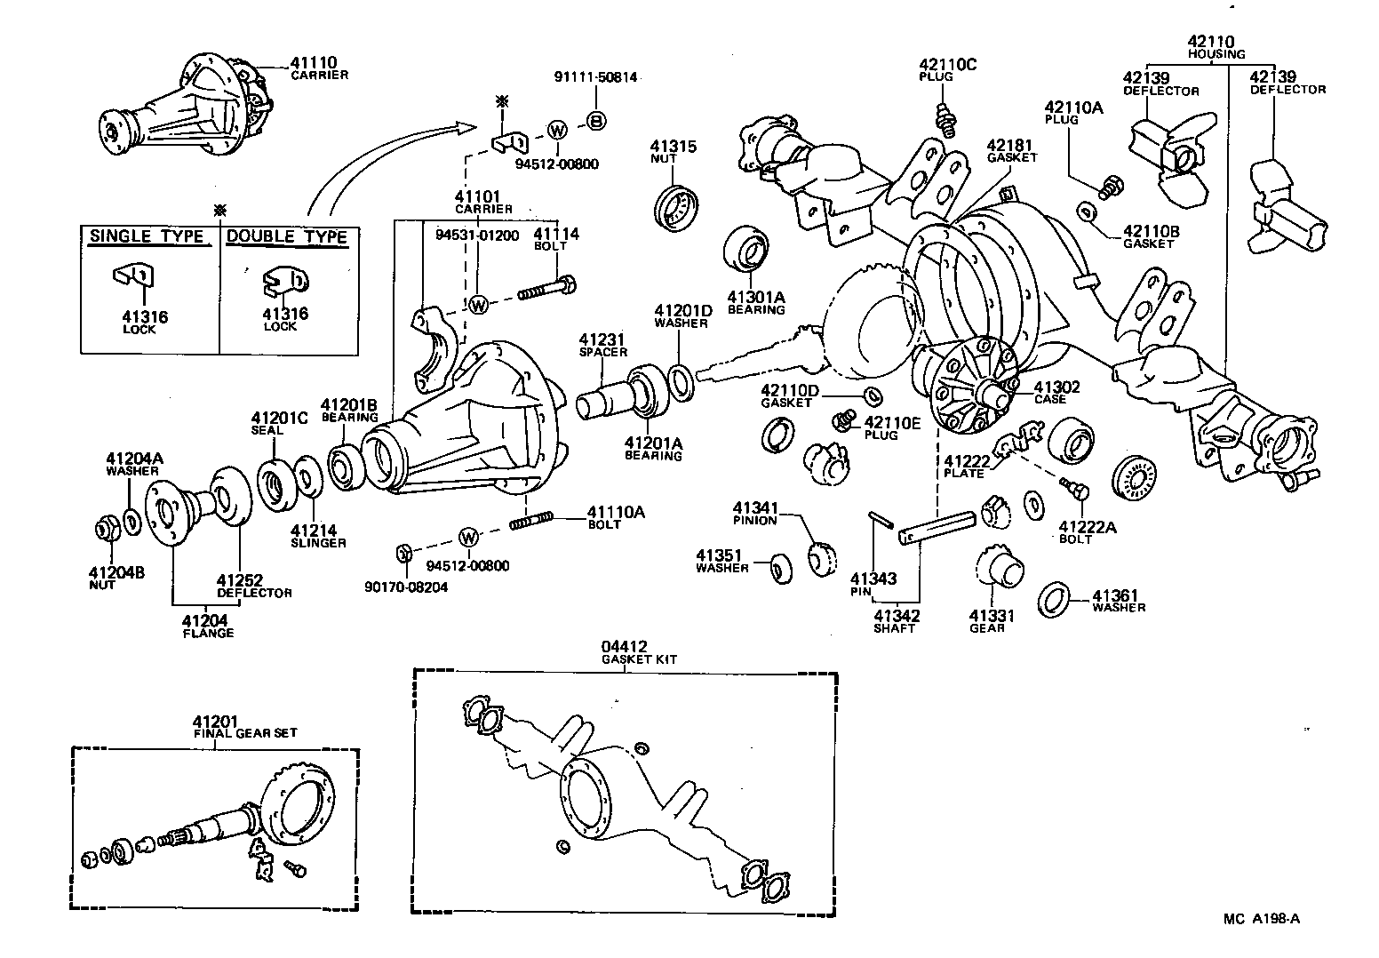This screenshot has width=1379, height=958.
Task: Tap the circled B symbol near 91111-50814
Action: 596,121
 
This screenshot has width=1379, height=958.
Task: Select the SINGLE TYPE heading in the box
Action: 147,236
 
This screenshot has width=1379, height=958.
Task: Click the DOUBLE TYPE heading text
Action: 285,236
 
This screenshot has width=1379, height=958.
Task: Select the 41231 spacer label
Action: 603,345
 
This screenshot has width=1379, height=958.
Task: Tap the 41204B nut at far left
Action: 108,531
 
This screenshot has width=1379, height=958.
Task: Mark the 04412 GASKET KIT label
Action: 626,652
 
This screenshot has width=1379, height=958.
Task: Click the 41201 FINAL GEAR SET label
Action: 245,726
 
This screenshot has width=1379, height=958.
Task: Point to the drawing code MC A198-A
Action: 1261,919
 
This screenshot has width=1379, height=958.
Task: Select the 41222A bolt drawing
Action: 1074,488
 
